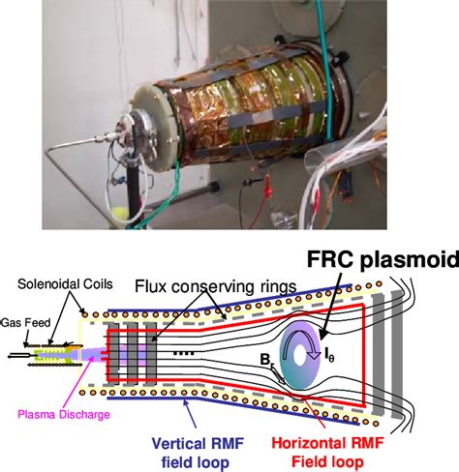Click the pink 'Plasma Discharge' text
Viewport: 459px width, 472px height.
point(63,414)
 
